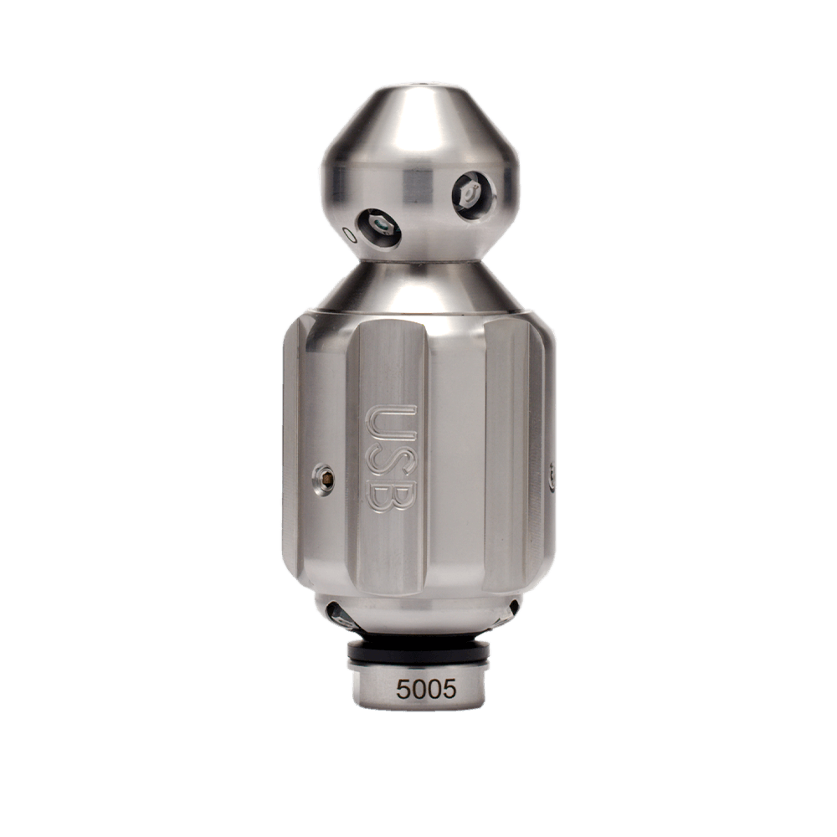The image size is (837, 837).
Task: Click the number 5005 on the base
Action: (x=426, y=690)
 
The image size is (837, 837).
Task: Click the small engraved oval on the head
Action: (x=351, y=235)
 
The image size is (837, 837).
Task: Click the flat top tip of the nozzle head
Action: (x=418, y=85)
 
